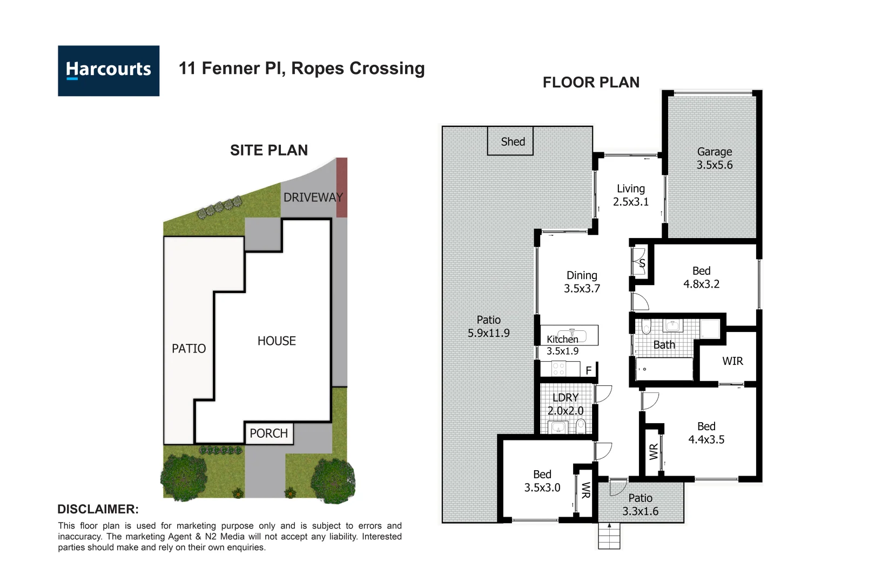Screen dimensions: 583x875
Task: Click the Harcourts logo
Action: (109, 71)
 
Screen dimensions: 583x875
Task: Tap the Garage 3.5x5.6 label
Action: (714, 158)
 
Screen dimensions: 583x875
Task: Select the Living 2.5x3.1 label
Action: (630, 195)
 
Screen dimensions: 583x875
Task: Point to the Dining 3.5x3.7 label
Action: (582, 282)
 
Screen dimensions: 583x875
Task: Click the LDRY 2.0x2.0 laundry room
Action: (566, 404)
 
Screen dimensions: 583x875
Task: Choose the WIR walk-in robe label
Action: (732, 361)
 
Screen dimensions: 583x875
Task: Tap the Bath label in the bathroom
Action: (664, 345)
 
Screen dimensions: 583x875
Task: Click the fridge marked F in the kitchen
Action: (589, 370)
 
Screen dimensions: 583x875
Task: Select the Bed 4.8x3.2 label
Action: (701, 277)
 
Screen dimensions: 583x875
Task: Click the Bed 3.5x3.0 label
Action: (542, 481)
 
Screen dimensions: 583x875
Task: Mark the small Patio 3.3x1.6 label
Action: (640, 505)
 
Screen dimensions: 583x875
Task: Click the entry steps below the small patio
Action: (609, 537)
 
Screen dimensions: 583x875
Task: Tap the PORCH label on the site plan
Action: (268, 433)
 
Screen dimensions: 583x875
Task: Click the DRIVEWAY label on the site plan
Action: (313, 198)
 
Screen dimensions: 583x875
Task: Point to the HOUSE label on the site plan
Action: (277, 341)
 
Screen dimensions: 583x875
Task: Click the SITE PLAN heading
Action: (268, 150)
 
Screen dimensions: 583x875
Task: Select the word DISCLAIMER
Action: (98, 509)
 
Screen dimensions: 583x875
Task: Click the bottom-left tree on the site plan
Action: (184, 477)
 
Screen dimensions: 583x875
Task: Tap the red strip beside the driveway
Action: (341, 187)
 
